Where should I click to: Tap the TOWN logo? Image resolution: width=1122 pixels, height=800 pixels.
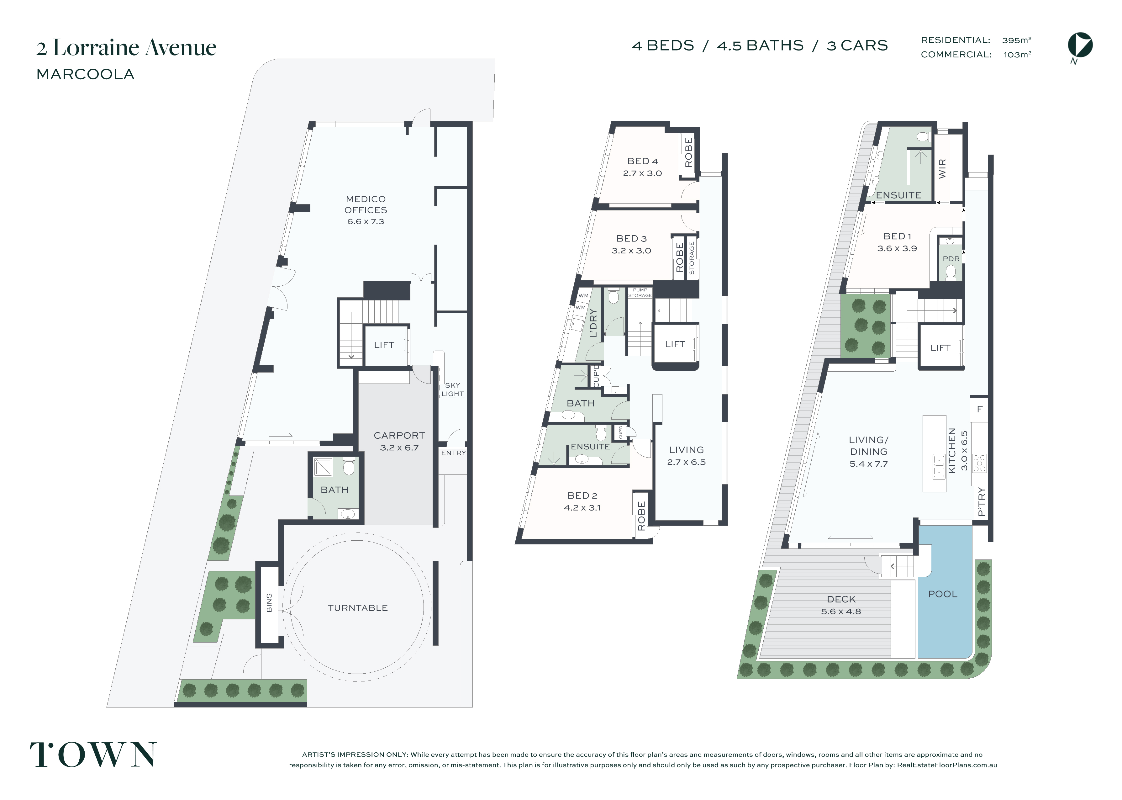pyautogui.click(x=93, y=754)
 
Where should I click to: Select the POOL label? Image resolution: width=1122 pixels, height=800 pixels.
pyautogui.click(x=942, y=594)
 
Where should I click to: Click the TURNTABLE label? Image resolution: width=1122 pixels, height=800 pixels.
pyautogui.click(x=358, y=608)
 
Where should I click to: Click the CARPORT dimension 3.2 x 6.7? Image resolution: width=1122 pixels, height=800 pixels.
pyautogui.click(x=399, y=448)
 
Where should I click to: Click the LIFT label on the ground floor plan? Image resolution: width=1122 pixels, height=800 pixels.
pyautogui.click(x=384, y=345)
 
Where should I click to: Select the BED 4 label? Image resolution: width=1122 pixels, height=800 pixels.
pyautogui.click(x=642, y=161)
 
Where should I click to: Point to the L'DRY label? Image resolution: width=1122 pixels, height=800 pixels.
pyautogui.click(x=593, y=323)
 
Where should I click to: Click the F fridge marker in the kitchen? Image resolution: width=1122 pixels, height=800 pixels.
pyautogui.click(x=979, y=409)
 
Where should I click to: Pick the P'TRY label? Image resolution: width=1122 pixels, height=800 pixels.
pyautogui.click(x=981, y=501)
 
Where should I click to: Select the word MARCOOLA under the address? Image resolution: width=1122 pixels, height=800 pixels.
pyautogui.click(x=86, y=74)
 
